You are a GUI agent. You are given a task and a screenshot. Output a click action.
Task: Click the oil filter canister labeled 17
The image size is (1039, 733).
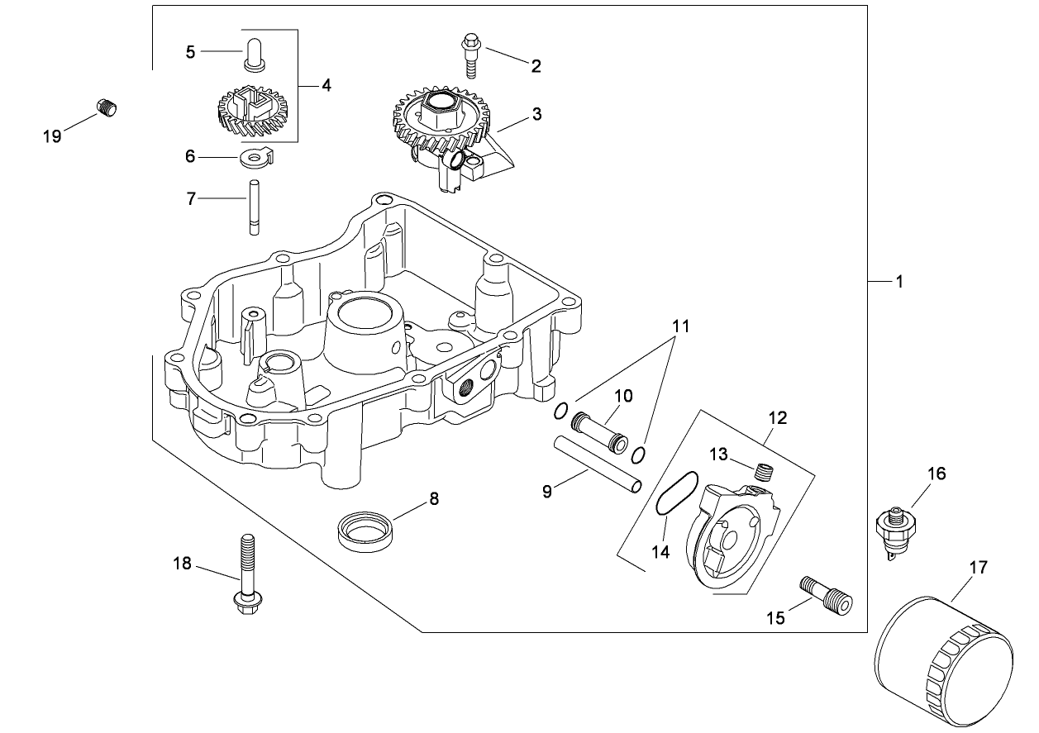point(942,664)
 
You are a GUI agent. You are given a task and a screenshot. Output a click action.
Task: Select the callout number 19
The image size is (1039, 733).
point(52,136)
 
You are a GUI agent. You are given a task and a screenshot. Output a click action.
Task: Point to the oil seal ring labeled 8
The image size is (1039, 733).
point(365,528)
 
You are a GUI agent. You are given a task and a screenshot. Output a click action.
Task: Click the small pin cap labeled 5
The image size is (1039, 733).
point(255,52)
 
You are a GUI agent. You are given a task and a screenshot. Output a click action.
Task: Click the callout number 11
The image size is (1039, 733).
point(679,326)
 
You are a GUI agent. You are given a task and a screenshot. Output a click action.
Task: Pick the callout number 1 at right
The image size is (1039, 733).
point(899,283)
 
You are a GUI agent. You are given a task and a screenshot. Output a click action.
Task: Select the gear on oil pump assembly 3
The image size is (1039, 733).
point(435,116)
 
